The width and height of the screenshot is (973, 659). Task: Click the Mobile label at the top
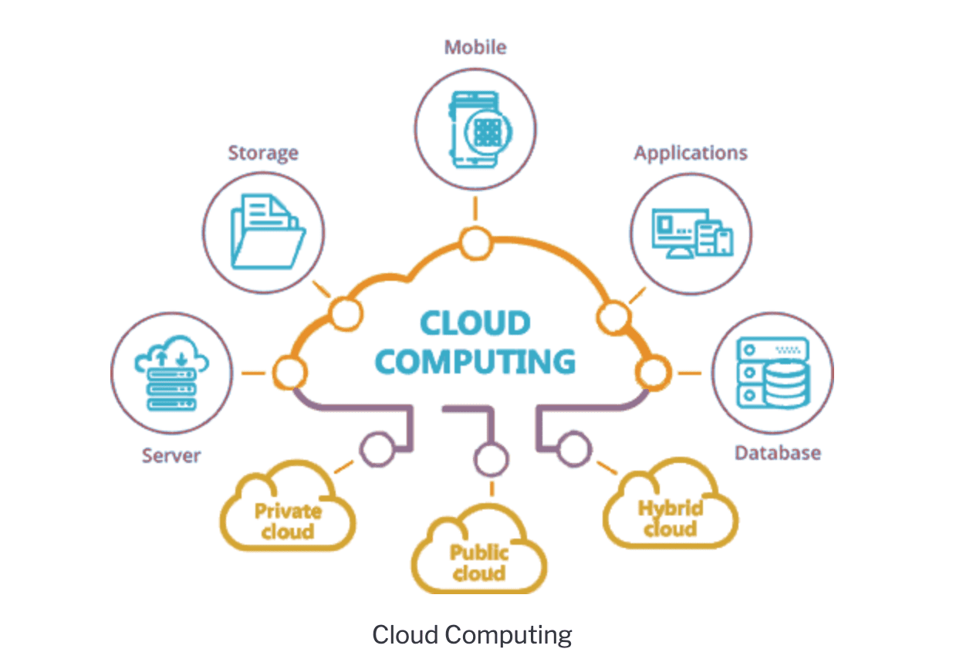click(475, 47)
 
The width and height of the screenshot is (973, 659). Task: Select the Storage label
click(263, 153)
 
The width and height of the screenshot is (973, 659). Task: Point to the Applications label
click(691, 153)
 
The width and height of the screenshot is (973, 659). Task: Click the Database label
click(777, 452)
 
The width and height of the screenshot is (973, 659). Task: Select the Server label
click(171, 455)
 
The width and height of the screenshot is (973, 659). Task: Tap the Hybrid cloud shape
click(670, 512)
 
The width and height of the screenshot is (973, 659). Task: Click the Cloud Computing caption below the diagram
click(472, 635)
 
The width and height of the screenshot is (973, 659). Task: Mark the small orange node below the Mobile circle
click(475, 242)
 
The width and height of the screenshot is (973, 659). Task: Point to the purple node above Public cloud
click(491, 459)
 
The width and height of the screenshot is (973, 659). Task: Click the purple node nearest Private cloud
click(377, 449)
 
